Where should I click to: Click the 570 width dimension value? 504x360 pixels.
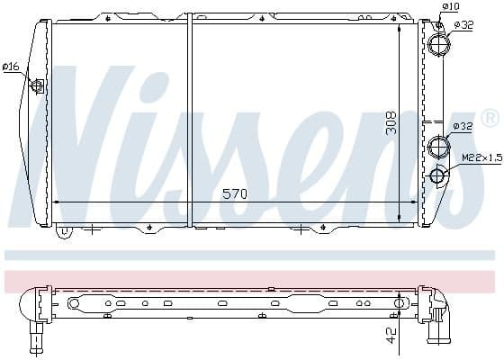234,193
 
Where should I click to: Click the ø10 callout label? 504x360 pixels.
451,7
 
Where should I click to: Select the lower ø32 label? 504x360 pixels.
463,126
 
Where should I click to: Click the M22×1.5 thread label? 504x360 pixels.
481,159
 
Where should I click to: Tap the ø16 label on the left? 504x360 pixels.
11,67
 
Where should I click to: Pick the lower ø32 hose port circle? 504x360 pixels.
438,145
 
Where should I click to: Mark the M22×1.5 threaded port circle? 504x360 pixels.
438,175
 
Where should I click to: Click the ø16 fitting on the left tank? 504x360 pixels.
38,85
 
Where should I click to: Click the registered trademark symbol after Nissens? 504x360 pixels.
490,118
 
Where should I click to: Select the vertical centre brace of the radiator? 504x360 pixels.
190,121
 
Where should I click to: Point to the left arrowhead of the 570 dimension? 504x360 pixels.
58,202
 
